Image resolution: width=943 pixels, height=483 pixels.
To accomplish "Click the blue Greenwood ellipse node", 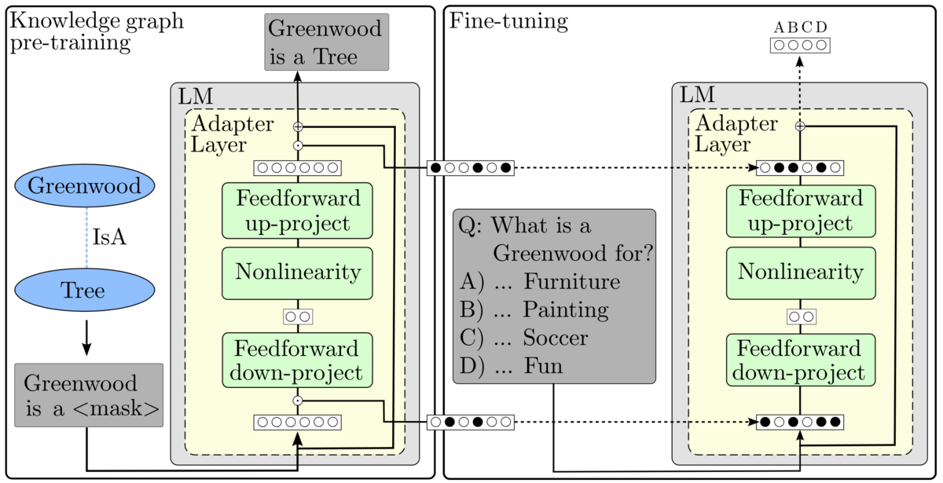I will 84,186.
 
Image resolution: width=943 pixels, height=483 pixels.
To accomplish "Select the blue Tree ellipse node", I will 84,291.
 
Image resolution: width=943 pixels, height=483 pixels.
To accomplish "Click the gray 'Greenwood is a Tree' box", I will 326,42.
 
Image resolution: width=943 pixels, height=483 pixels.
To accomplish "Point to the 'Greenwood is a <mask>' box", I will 89,395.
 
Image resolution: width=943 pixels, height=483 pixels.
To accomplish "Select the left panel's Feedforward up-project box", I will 297,210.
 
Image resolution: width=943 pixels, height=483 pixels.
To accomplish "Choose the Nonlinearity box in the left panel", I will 297,273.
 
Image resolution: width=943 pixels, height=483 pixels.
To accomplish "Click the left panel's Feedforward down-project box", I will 297,360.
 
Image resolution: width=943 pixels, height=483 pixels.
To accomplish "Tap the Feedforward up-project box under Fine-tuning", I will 801,210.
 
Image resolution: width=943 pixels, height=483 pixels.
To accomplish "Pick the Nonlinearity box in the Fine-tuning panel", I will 801,273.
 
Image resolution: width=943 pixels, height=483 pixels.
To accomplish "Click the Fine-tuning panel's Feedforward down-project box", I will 801,360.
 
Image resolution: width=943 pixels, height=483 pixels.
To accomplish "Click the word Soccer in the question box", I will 556,338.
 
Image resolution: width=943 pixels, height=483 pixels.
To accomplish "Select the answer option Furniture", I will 572,282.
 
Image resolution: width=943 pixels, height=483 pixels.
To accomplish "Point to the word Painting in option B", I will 566,310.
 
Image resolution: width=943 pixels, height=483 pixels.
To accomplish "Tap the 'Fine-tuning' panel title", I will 508,21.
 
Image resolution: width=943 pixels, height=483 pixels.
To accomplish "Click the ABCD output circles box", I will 800,45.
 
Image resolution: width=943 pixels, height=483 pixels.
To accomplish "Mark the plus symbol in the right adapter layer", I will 800,126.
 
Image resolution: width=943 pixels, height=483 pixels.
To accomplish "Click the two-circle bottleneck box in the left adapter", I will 298,316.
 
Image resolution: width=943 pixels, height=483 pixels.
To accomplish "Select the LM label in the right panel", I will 696,96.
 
